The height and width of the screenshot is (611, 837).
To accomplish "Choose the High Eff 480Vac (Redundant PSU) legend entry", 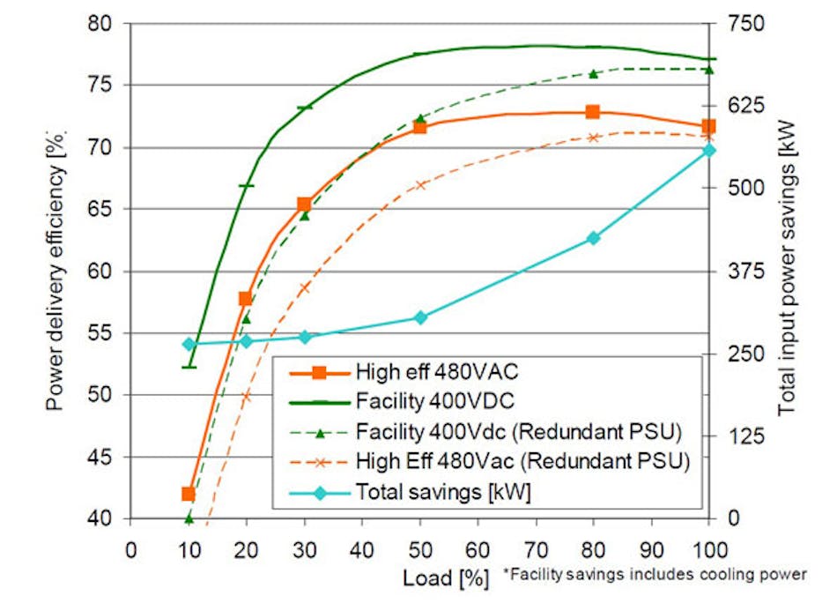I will coord(522,462).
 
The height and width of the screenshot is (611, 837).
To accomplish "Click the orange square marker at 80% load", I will coord(593,112).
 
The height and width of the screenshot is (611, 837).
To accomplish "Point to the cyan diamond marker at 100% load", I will coord(708,151).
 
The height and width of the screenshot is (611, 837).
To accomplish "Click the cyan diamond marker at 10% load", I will coord(188,345).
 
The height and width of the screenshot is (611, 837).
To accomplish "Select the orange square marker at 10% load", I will coord(188,494).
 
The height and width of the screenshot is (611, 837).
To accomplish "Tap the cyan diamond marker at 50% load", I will coord(420,317).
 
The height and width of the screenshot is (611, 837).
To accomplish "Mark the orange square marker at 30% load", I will coord(304,205).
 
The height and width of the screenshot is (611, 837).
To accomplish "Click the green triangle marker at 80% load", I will coord(593,74).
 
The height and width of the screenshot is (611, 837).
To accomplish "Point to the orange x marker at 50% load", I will coord(420,185).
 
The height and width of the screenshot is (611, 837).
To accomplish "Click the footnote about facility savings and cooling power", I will coord(654,575).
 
